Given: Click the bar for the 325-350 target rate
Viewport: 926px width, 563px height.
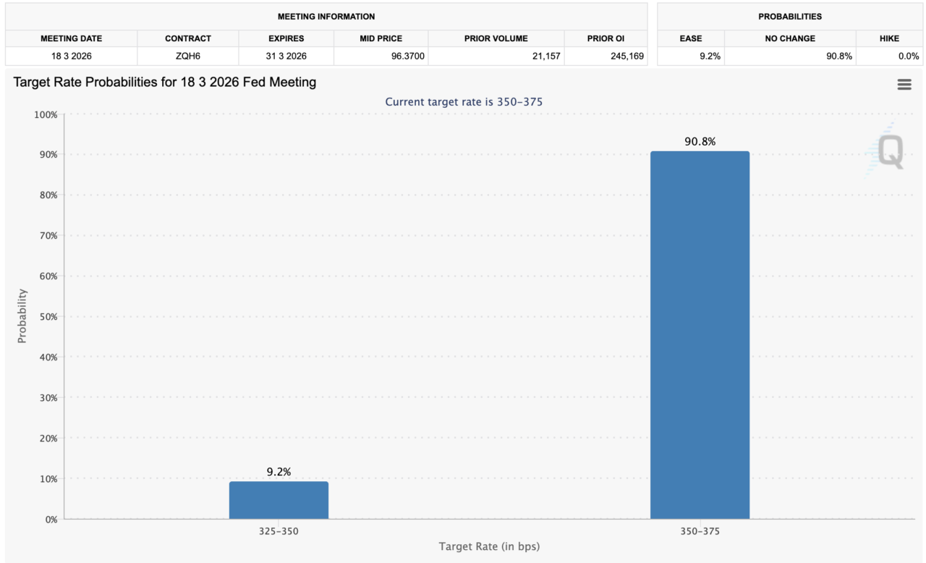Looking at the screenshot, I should click(x=279, y=500).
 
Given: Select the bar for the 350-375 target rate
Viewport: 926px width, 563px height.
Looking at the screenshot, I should click(x=700, y=334).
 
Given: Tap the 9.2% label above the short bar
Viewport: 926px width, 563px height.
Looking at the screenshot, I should click(x=279, y=472).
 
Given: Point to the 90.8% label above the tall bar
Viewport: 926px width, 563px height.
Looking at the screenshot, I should click(x=700, y=142).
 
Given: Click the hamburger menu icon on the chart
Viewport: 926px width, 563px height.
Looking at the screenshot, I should click(x=904, y=85).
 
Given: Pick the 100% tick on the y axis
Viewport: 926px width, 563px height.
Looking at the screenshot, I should click(x=46, y=114).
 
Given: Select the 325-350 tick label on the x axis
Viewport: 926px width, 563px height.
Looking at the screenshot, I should click(x=279, y=531).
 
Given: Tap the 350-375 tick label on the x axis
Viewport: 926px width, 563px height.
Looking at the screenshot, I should click(x=700, y=531).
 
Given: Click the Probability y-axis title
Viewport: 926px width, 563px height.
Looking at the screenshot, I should click(x=22, y=316).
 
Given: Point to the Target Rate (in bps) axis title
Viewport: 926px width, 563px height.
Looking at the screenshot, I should click(x=489, y=546).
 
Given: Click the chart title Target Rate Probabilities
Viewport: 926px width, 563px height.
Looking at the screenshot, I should click(x=165, y=82).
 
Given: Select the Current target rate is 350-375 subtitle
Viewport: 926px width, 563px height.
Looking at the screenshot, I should click(x=464, y=102).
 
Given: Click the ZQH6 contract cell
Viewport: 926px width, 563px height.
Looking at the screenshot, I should click(x=187, y=56).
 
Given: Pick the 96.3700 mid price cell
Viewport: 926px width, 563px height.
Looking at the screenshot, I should click(x=381, y=56).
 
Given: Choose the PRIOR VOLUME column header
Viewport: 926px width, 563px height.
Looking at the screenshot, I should click(x=496, y=38).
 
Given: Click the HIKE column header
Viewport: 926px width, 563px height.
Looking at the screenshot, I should click(x=888, y=38).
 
